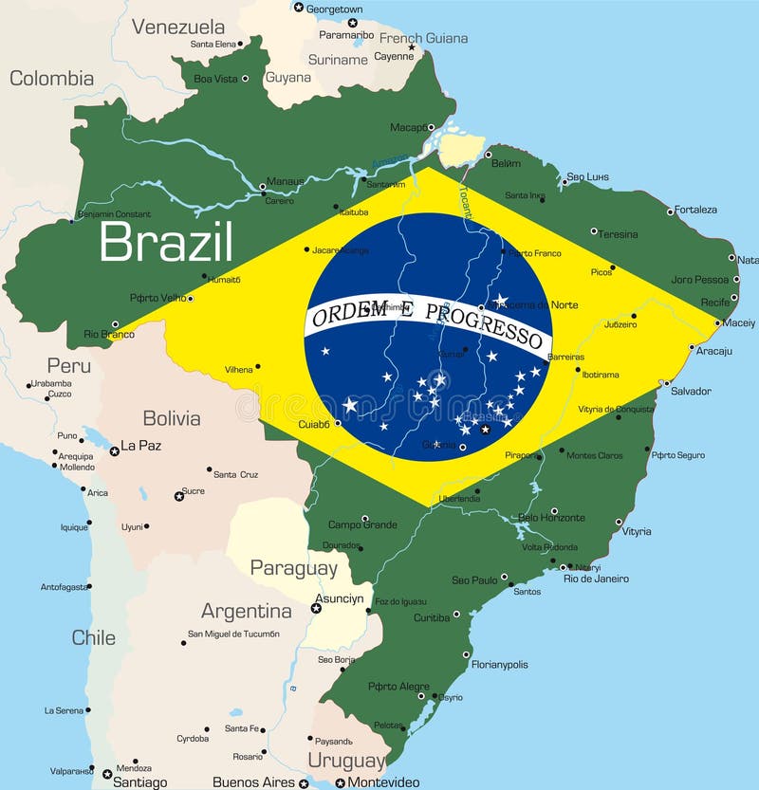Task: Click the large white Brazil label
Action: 166,242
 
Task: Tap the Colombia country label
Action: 51,79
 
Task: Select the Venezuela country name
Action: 178,27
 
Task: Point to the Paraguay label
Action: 293,568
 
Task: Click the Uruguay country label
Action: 346,761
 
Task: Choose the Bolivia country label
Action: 172,418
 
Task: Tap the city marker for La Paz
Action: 114,451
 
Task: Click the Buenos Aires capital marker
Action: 303,783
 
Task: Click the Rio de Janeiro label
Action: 596,579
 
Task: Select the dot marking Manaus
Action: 263,189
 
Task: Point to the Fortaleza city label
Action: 694,210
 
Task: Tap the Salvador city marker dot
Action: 665,384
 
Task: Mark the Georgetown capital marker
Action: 298,8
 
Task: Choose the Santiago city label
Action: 140,782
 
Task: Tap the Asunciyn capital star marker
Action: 316,607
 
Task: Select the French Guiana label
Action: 423,39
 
